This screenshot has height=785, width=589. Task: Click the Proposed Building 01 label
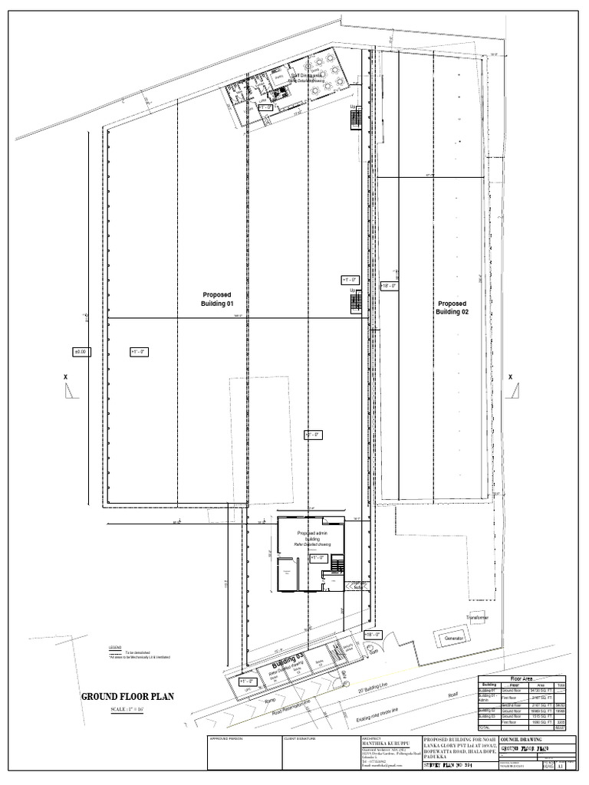point(217,299)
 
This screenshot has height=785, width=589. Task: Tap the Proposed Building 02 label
point(452,307)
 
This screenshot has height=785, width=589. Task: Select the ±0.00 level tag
point(82,351)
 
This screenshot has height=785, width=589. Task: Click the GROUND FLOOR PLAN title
point(129,697)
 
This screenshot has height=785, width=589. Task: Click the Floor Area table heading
point(522,678)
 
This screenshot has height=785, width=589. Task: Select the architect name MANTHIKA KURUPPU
point(377,743)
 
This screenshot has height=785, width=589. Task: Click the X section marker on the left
point(66,377)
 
